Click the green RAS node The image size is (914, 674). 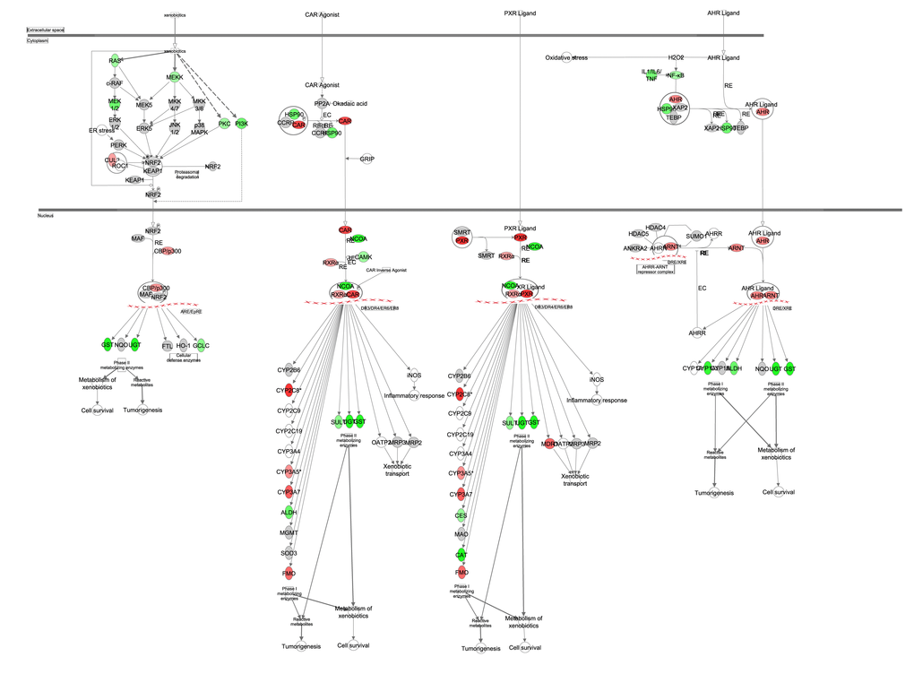point(115,61)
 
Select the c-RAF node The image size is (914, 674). point(115,83)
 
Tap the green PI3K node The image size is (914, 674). point(241,124)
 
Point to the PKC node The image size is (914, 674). point(224,124)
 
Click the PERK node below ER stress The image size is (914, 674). point(118,145)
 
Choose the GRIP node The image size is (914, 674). point(366,159)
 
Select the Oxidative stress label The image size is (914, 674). point(566,57)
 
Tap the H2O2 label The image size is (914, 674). point(676,57)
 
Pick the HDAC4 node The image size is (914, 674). point(655,228)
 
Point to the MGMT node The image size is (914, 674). point(289,533)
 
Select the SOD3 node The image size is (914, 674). point(289,554)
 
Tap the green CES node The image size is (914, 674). point(461,515)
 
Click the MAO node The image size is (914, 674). point(461,534)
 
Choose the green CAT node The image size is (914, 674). point(461,554)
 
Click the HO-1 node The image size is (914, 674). point(184,345)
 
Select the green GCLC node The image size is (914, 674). point(202,345)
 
